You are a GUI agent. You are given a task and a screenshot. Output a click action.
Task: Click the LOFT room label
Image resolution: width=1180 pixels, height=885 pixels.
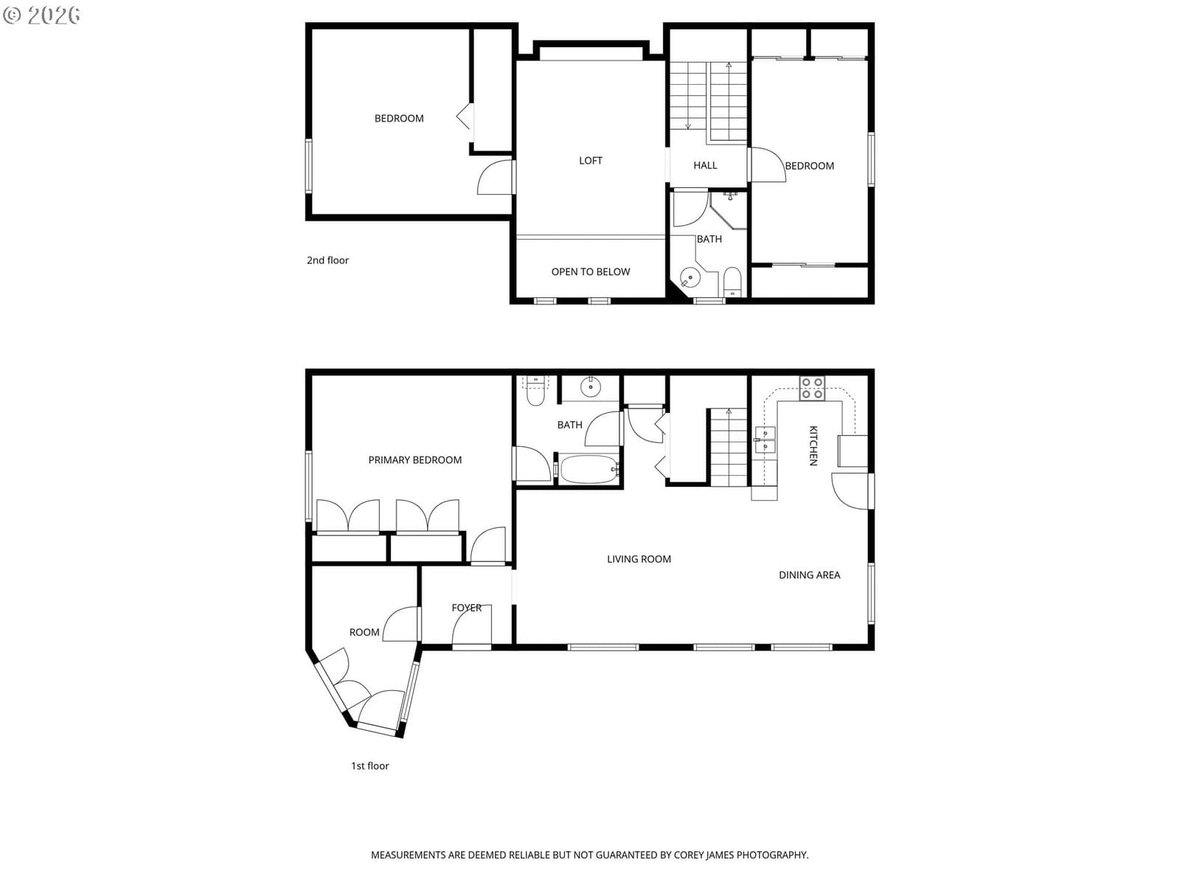[x=590, y=160]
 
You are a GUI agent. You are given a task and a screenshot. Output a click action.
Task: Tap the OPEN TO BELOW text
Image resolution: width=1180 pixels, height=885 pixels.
[x=590, y=271]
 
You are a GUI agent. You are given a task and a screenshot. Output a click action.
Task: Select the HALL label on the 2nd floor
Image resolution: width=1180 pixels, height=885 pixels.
[x=705, y=165]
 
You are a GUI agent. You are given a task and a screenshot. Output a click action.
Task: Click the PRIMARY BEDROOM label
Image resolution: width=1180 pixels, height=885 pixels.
[x=414, y=459]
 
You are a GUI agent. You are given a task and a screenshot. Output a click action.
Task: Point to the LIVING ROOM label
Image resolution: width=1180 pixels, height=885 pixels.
[x=639, y=559]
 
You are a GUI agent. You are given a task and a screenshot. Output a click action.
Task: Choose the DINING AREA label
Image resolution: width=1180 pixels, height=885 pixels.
[x=809, y=575]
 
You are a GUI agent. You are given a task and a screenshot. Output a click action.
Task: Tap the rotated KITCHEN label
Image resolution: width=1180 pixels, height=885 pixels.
[x=813, y=445]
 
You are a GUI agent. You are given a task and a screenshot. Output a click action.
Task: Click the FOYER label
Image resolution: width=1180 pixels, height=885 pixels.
[x=466, y=607]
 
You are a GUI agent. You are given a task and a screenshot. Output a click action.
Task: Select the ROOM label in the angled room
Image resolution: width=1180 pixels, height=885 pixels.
[x=364, y=632]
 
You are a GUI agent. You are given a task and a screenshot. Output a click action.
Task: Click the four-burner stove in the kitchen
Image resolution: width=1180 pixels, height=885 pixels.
[x=812, y=388]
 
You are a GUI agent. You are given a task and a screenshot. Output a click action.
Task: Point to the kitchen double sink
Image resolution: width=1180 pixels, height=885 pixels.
[x=765, y=440]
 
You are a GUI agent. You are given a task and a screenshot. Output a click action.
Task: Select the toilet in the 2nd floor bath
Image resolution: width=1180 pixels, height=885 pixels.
[x=732, y=282]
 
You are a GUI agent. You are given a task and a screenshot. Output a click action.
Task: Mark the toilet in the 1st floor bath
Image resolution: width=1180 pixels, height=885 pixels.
[x=535, y=391]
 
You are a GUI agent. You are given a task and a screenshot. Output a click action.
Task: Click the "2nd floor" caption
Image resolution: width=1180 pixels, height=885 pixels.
[x=327, y=260]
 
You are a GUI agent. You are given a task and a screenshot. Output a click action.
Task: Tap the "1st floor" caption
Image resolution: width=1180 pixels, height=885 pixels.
[x=370, y=766]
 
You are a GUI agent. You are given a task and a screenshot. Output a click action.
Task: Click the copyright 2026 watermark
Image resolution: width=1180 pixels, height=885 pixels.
[x=41, y=15]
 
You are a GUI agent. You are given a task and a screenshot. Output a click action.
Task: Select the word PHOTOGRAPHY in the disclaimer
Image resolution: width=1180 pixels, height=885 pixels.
[x=772, y=855]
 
